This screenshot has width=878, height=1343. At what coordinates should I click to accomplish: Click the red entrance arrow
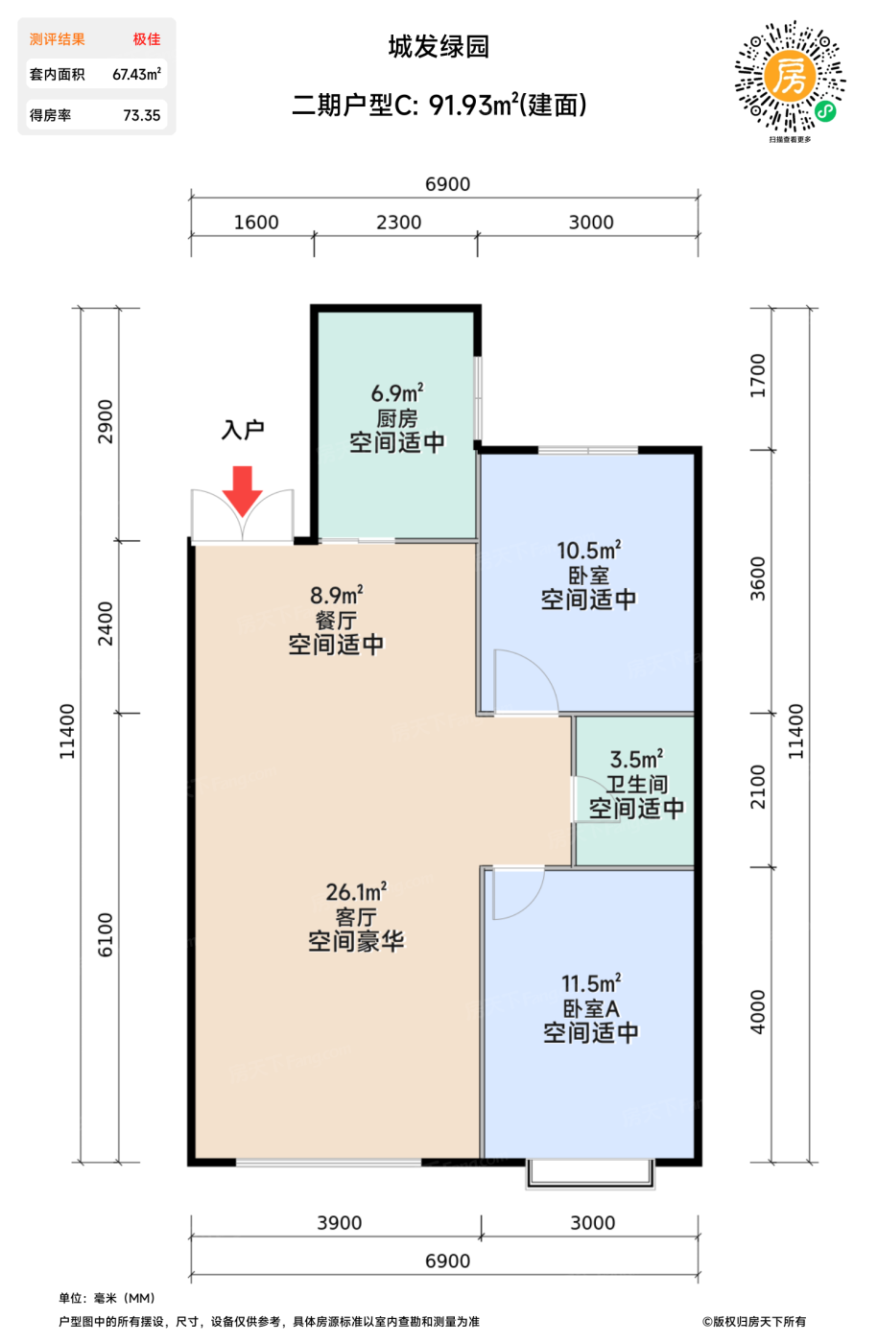pyautogui.click(x=242, y=490)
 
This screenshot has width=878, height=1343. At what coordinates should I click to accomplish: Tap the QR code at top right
pyautogui.click(x=790, y=77)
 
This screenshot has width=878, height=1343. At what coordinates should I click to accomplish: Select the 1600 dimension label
pyautogui.click(x=256, y=223)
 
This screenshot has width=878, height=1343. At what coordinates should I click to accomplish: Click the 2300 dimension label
pyautogui.click(x=399, y=223)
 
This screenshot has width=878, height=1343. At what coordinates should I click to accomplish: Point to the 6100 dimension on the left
pyautogui.click(x=105, y=934)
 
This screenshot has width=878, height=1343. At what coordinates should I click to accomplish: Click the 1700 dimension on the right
pyautogui.click(x=758, y=375)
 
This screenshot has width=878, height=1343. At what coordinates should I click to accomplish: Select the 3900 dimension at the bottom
pyautogui.click(x=340, y=1222)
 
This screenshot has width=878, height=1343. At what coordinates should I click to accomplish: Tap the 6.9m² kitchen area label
pyautogui.click(x=397, y=393)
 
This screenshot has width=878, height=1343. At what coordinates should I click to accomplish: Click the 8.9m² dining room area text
pyautogui.click(x=337, y=596)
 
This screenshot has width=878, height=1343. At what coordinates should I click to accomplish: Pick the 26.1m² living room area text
pyautogui.click(x=356, y=891)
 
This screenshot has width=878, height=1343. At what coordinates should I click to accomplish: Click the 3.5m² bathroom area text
pyautogui.click(x=636, y=759)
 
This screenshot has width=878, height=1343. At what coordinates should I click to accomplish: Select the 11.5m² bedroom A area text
pyautogui.click(x=591, y=983)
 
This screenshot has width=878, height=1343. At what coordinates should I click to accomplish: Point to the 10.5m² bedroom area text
pyautogui.click(x=589, y=550)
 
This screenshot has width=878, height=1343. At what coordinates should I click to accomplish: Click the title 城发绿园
pyautogui.click(x=439, y=46)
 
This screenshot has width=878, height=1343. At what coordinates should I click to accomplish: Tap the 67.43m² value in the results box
pyautogui.click(x=136, y=75)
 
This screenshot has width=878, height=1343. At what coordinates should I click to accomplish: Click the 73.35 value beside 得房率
pyautogui.click(x=142, y=115)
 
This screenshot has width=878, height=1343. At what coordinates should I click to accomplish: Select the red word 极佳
pyautogui.click(x=147, y=39)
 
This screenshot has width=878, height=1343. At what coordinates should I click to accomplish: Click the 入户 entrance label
pyautogui.click(x=243, y=430)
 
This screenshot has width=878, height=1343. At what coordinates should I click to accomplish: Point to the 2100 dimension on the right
pyautogui.click(x=758, y=787)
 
